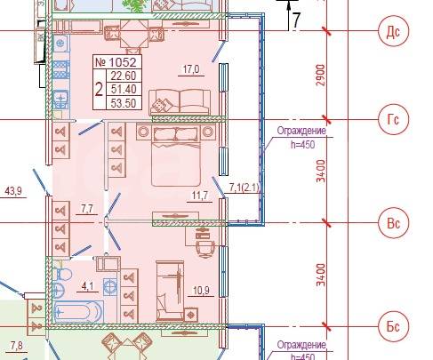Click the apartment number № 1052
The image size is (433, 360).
point(116,62)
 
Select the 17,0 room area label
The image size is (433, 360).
point(191,69)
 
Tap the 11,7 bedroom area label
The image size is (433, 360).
point(200,196)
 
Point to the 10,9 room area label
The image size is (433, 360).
point(201,291)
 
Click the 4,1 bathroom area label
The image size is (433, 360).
point(87,286)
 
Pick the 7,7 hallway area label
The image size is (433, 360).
point(87,209)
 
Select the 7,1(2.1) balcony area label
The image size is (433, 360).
point(245,188)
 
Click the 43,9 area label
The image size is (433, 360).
point(13,191)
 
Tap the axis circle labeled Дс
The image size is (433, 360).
point(394,31)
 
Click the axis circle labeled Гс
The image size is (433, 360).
point(394,119)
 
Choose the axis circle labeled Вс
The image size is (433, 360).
point(394,223)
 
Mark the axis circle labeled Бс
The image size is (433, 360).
point(394,326)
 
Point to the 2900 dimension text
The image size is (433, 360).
point(321,75)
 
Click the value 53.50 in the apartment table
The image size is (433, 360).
point(124,103)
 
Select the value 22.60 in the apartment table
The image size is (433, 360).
point(124,76)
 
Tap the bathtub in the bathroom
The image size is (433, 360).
point(78,312)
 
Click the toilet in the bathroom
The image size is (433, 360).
point(62,273)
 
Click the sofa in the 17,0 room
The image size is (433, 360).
point(180,102)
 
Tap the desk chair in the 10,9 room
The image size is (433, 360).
point(205,248)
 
